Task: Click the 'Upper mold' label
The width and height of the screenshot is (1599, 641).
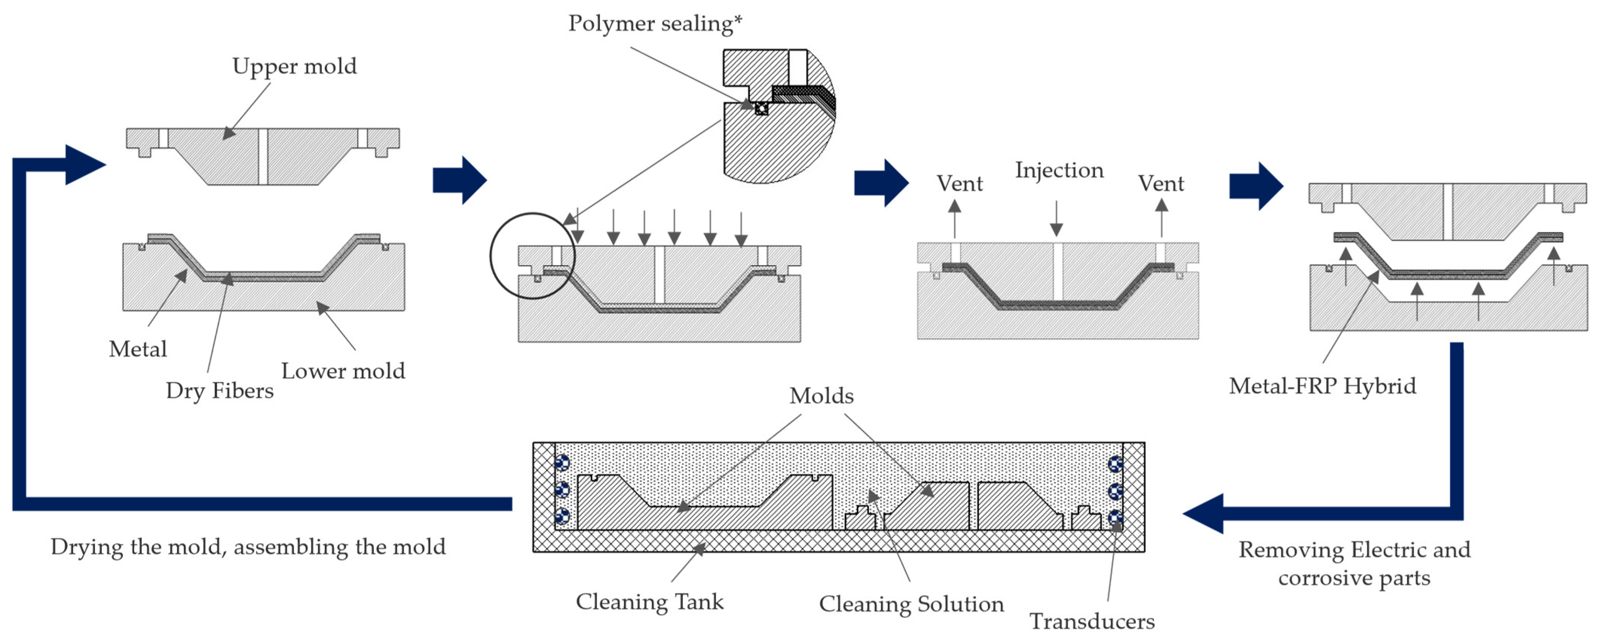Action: point(294,66)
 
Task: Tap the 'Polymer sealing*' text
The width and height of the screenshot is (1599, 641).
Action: point(655,24)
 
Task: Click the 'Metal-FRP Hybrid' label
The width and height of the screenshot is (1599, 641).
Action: point(1322,386)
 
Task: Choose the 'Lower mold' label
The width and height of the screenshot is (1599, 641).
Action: point(342,371)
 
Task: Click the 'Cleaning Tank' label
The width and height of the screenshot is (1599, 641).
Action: point(649,601)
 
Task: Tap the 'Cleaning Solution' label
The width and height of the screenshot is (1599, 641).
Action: point(911,604)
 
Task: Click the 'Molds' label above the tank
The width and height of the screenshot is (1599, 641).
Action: point(821,396)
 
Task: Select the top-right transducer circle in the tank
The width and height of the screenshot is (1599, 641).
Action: point(1115,464)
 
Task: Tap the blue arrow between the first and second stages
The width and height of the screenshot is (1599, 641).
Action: point(459,180)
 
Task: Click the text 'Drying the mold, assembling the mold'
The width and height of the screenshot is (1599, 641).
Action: point(248,547)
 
